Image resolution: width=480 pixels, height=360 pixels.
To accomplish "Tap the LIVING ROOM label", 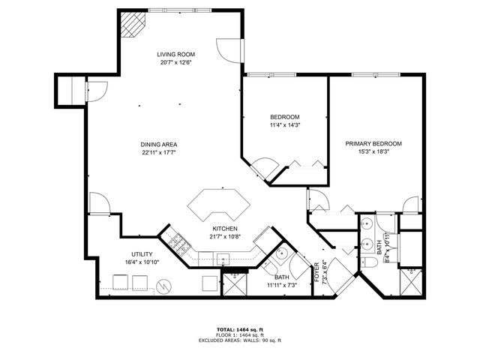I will (x=176, y=55).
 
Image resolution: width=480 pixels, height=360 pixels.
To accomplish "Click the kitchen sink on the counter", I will (x=223, y=259).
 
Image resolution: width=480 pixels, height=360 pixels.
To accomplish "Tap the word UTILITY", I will (x=142, y=255).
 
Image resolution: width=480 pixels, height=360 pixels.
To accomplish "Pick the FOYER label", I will (x=316, y=271).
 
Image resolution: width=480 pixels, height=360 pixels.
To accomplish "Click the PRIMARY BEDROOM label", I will (x=373, y=144).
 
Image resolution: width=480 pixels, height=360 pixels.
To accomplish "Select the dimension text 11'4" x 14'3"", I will (x=285, y=126).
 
